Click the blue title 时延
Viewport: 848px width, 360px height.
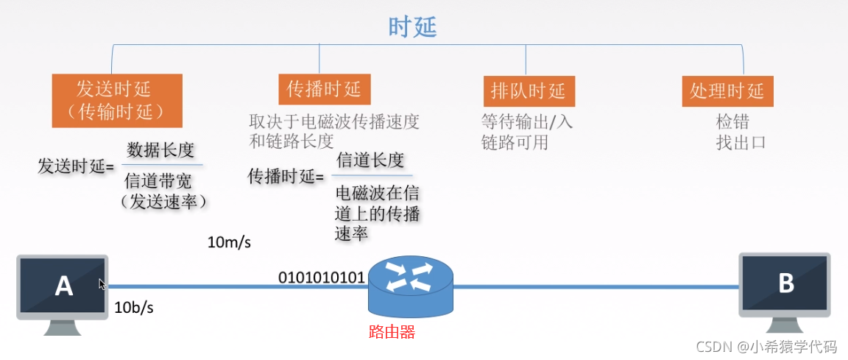[412, 27]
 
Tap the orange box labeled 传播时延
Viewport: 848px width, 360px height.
[324, 90]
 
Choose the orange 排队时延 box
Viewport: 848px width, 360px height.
[529, 91]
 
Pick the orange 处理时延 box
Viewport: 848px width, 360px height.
[727, 91]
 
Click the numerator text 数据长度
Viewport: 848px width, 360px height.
[160, 150]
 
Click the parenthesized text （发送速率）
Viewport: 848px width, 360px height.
[163, 202]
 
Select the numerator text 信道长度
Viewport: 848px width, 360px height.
[370, 160]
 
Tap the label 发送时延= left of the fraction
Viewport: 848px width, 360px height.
[76, 166]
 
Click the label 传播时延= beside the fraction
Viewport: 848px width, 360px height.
[286, 177]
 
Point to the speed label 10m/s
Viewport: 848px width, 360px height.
[229, 243]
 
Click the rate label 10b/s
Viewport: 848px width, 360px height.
[134, 308]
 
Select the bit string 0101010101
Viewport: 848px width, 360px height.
[322, 278]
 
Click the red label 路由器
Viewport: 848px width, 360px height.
[392, 332]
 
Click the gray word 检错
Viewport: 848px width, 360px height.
[732, 122]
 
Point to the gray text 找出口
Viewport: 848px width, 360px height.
[741, 142]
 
